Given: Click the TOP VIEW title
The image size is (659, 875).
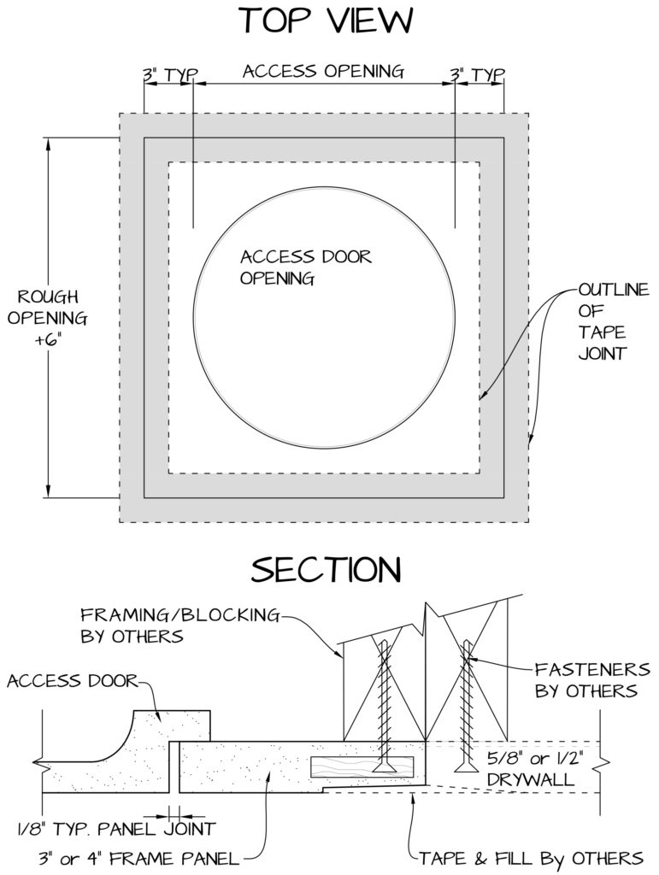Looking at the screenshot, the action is coord(327,21).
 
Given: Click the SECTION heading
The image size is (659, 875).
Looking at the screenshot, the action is coord(326,570).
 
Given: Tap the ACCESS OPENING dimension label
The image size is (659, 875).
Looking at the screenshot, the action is coord(323,72).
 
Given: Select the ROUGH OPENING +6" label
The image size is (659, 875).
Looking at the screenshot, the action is coord(47,318).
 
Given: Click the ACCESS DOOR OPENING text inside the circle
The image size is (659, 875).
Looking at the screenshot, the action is coord(306,267).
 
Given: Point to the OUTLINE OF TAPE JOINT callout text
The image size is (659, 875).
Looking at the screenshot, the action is coord(613,321).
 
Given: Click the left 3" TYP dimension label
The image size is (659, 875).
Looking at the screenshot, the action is coord(171,75).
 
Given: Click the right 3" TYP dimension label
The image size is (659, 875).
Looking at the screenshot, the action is coord(478,75).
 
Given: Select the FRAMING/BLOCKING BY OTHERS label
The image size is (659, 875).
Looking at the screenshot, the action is coord(180,625).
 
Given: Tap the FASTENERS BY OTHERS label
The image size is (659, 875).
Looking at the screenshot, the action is coord(592,679).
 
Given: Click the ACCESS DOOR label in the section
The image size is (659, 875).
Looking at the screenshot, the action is coord(72,681).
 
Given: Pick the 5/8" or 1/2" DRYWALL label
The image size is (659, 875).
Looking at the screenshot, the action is coord(534,769).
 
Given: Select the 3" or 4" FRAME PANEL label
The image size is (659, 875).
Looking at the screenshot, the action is coord(139,858).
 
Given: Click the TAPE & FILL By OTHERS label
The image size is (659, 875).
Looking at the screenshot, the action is coord(532,858).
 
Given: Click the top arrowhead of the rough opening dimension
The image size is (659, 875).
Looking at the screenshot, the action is coord(49,144).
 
